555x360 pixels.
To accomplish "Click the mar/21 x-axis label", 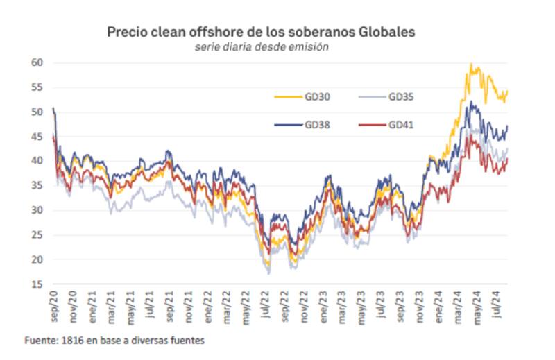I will [112, 302].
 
